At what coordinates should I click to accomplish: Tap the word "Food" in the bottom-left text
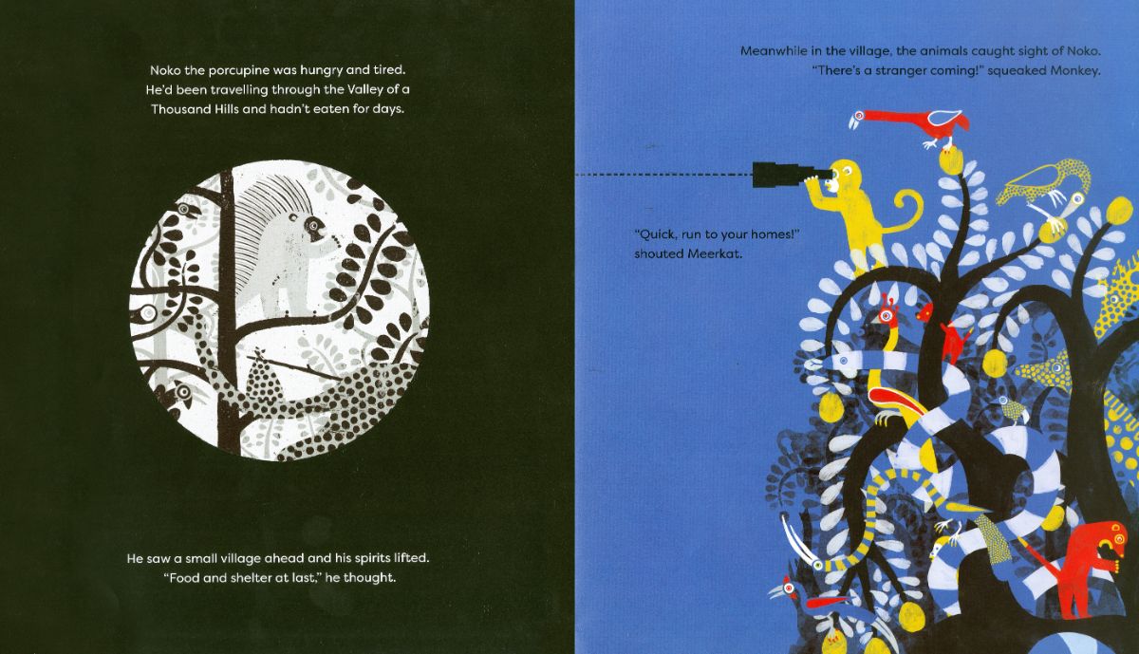[183, 578]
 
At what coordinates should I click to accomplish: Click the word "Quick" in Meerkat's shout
[657, 235]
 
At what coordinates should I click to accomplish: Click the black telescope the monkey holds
[787, 175]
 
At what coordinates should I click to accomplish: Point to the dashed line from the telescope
[663, 175]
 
